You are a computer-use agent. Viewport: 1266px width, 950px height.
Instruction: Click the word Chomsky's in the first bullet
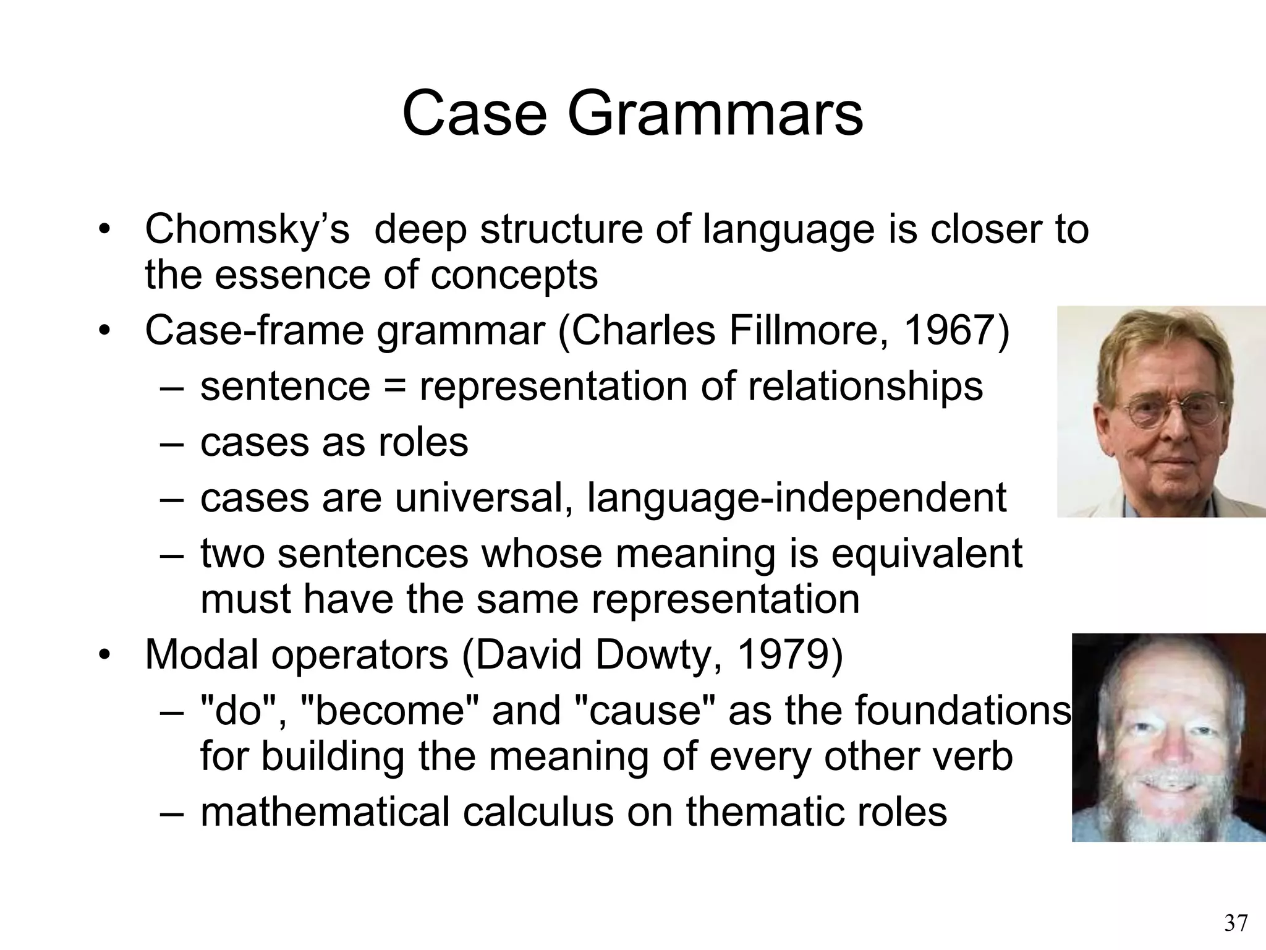click(x=247, y=229)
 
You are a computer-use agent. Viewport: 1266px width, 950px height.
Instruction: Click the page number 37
click(x=1236, y=923)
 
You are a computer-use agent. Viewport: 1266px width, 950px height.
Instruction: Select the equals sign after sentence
click(x=394, y=387)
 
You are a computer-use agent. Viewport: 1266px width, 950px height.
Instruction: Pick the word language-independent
click(x=796, y=498)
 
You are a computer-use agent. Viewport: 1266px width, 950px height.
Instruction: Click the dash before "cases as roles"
click(x=171, y=443)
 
